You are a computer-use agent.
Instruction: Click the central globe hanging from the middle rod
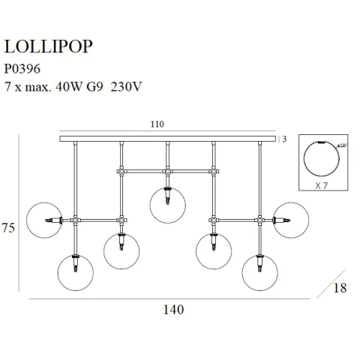click(x=168, y=206)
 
